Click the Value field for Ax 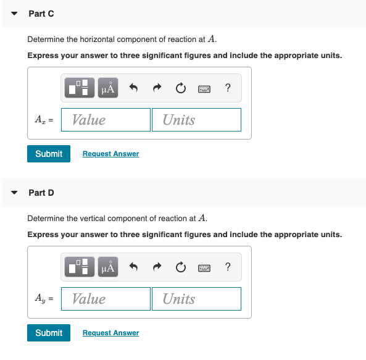[x=114, y=120]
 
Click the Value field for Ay [x=114, y=299]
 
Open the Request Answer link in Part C [x=110, y=154]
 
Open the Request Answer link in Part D [x=110, y=333]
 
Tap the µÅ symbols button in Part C [x=107, y=88]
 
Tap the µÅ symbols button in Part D [x=107, y=267]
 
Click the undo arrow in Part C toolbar [x=133, y=88]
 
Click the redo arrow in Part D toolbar [x=157, y=267]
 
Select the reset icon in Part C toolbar [x=181, y=88]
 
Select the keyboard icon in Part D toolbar [x=205, y=267]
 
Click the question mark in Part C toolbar [x=228, y=88]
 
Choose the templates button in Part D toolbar [x=81, y=267]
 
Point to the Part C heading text [x=41, y=14]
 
